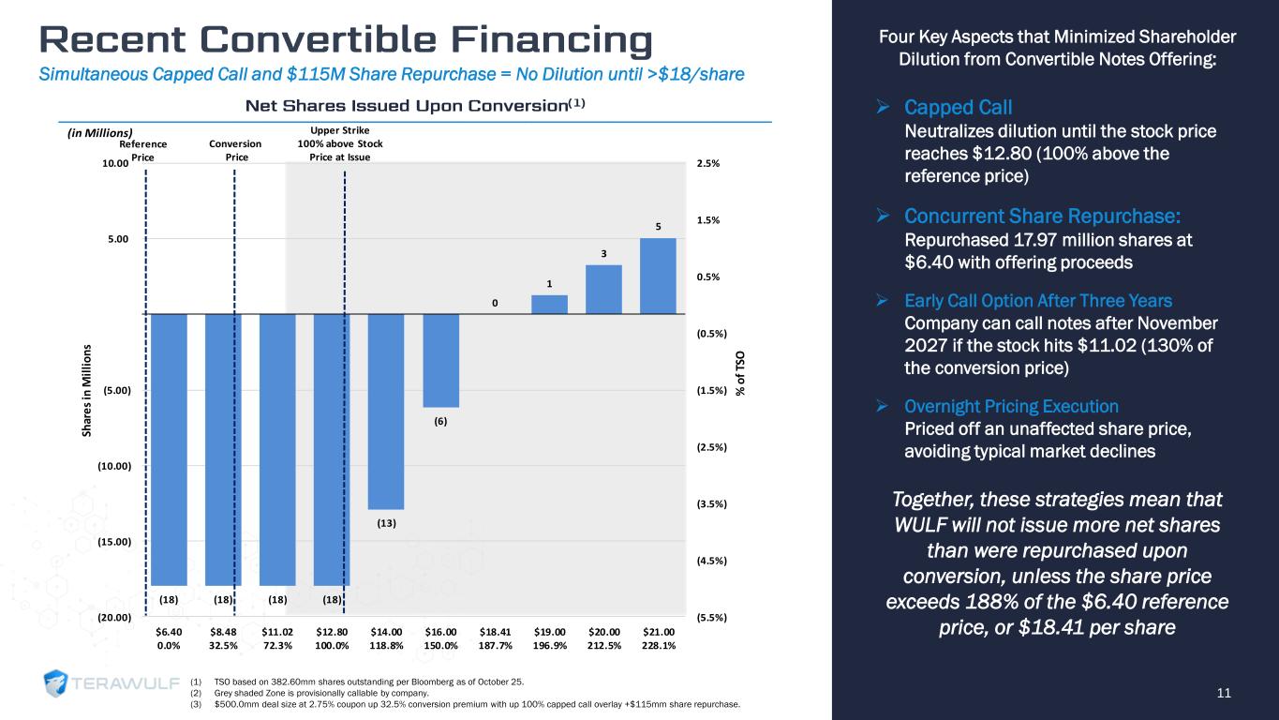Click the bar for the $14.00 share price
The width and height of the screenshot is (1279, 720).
tap(386, 411)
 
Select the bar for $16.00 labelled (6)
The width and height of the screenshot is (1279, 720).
tap(440, 360)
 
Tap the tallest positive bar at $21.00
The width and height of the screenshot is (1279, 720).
tap(658, 276)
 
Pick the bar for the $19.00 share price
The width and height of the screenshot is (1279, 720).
tap(549, 304)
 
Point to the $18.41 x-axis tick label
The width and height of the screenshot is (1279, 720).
tap(495, 633)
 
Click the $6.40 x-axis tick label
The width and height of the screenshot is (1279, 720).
tap(170, 633)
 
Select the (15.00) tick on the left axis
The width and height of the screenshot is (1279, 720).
tap(116, 542)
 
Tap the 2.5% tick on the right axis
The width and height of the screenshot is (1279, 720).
tap(710, 164)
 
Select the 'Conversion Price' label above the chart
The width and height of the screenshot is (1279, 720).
tap(236, 151)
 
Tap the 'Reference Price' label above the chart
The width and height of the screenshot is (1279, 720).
tap(143, 151)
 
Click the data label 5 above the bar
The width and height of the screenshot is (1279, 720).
tap(658, 226)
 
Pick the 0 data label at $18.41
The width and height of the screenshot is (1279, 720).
tap(495, 303)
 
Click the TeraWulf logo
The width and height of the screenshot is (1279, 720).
tap(108, 684)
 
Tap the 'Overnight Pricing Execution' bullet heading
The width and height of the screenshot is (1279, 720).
tap(1011, 407)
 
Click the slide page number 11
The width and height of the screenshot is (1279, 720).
tap(1223, 693)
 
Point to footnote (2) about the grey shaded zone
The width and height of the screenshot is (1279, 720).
tap(309, 692)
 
